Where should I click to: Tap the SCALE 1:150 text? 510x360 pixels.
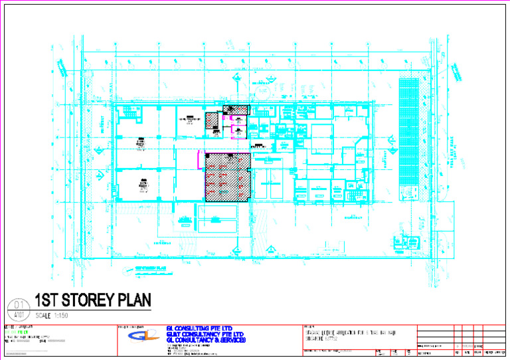pyautogui.click(x=52, y=315)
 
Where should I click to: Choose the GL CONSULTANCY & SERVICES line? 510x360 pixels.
pyautogui.click(x=206, y=340)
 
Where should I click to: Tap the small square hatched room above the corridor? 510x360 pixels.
pyautogui.click(x=212, y=121)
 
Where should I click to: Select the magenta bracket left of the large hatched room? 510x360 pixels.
pyautogui.click(x=199, y=159)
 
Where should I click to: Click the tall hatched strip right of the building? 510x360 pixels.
pyautogui.click(x=410, y=132)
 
